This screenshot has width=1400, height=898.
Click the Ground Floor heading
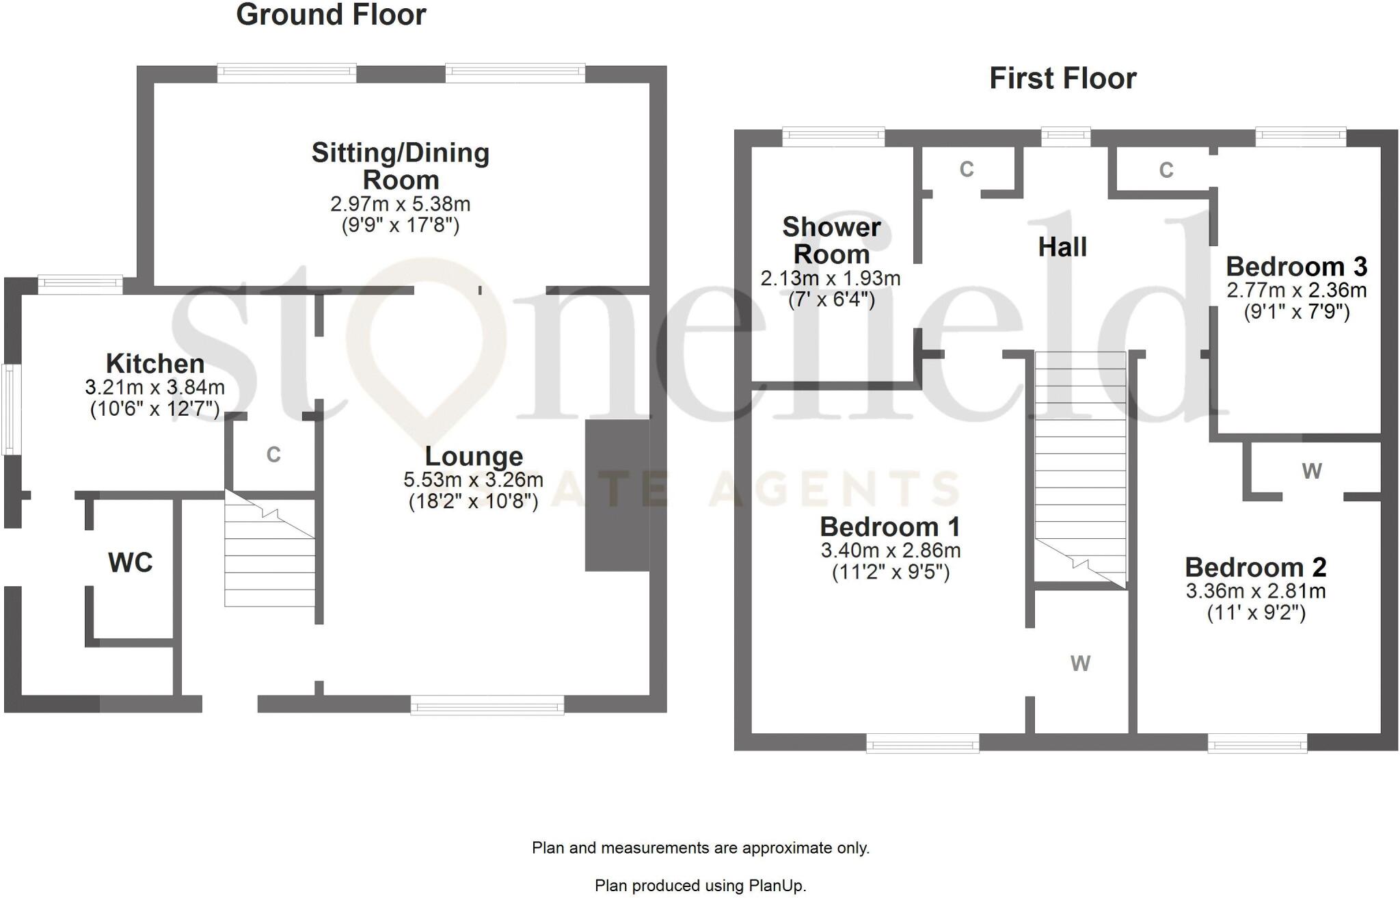point(331,15)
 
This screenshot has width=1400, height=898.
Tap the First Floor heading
point(1062,79)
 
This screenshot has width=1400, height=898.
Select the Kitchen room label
point(155,363)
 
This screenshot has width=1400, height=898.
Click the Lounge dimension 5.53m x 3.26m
point(473,479)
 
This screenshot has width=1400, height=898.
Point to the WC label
point(130,563)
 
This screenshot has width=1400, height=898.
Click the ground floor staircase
point(270,554)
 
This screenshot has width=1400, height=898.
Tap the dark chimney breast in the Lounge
point(617,495)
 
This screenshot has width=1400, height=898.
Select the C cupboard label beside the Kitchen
point(273,455)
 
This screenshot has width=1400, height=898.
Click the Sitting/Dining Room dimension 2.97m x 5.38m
point(400,204)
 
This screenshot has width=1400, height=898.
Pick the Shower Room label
point(831,240)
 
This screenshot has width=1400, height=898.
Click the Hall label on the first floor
point(1062,247)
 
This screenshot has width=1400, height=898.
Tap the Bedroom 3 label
point(1296,266)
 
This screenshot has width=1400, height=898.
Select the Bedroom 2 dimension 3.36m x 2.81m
point(1256,591)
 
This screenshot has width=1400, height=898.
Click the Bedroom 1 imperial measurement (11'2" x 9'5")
point(891,572)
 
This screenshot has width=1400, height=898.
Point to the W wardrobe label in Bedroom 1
point(1080,663)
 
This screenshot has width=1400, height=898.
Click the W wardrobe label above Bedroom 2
point(1311,471)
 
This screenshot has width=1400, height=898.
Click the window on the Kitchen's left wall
point(10,410)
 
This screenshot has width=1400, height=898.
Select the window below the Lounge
point(487,705)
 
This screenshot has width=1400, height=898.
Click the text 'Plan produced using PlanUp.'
point(700,886)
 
